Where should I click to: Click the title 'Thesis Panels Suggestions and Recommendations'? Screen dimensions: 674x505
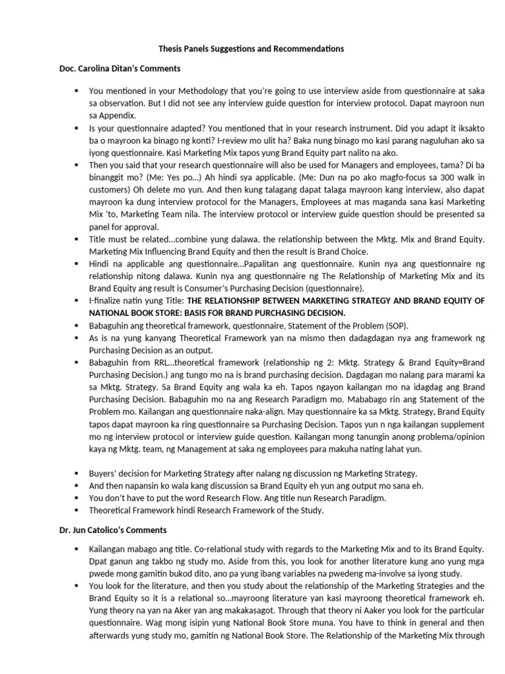click(251, 49)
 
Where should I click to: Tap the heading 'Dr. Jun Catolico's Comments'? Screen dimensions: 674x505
click(112, 529)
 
